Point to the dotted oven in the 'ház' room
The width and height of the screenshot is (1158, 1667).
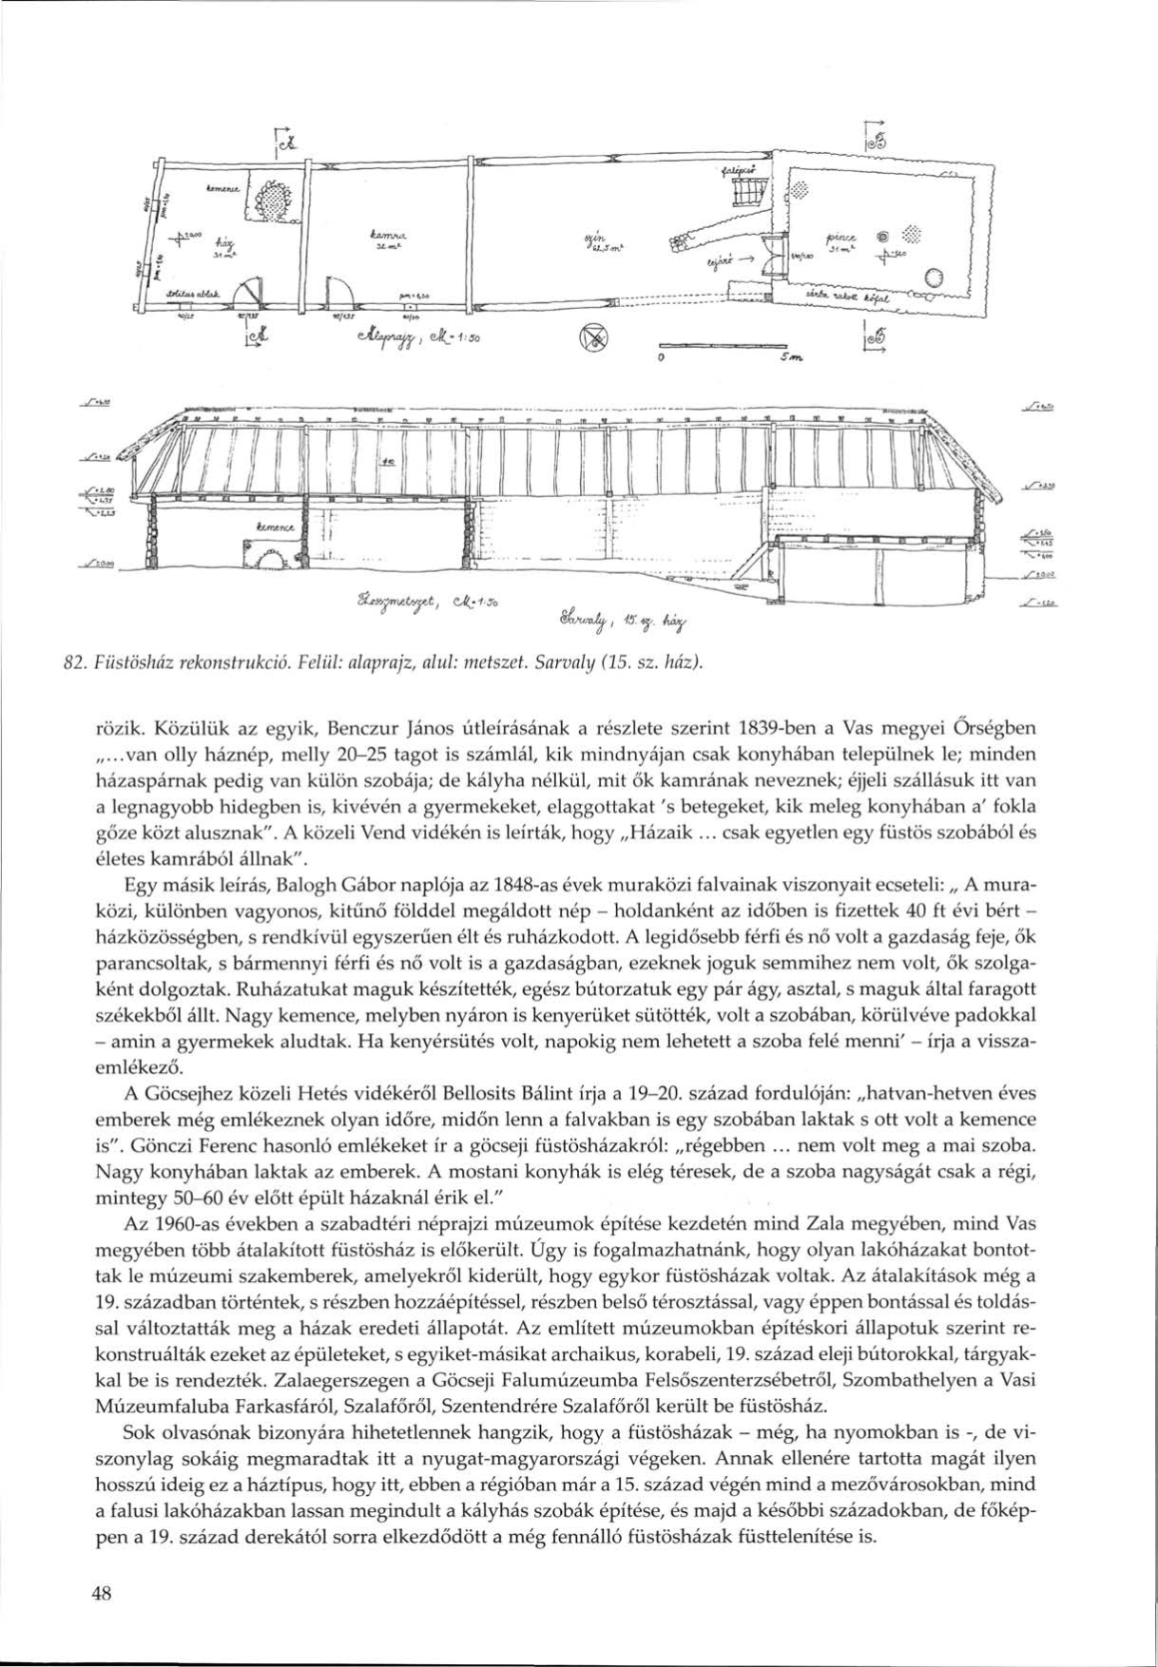(x=271, y=199)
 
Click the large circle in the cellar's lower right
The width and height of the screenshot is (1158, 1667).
(x=933, y=278)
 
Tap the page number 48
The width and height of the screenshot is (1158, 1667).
(x=102, y=1596)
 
